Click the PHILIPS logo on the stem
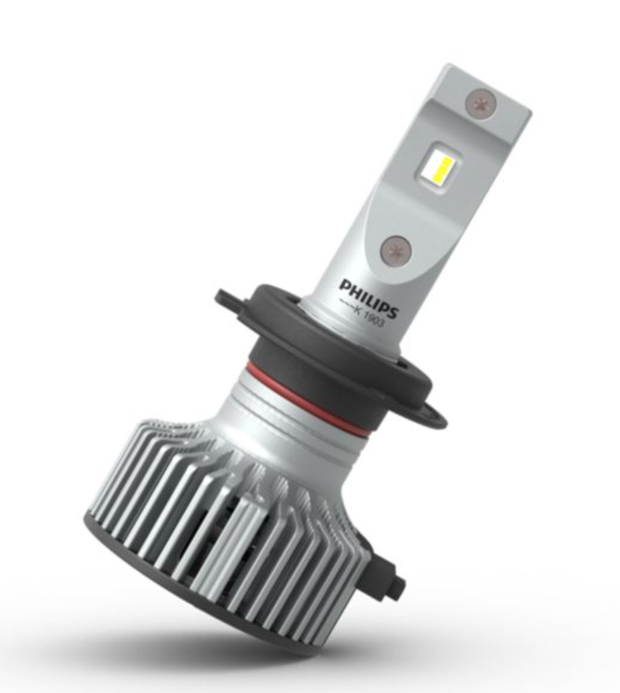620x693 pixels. tap(369, 296)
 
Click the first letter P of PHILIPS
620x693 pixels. tap(345, 284)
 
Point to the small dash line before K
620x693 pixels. tap(346, 305)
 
